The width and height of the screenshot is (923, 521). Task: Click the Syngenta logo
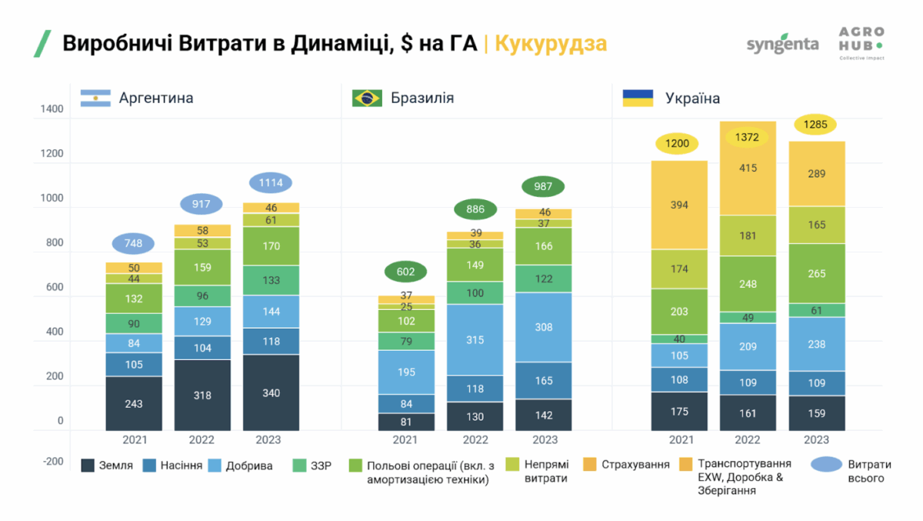click(x=782, y=43)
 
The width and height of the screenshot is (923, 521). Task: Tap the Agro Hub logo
click(x=861, y=44)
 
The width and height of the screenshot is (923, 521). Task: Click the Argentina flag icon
click(x=95, y=98)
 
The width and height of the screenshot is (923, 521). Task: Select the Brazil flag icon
click(x=367, y=98)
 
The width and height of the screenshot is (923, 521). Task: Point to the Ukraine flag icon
click(x=638, y=98)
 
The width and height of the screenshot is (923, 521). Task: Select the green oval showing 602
click(x=405, y=272)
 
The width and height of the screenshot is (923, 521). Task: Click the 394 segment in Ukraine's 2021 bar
click(x=678, y=205)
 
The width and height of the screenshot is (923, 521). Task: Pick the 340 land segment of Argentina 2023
click(x=271, y=392)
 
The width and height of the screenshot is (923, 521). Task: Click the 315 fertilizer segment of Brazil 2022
click(x=475, y=339)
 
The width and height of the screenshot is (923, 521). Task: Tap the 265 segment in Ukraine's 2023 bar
click(x=816, y=273)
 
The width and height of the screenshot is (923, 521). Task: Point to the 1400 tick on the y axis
click(x=52, y=109)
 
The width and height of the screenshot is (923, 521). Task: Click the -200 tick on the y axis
click(x=52, y=462)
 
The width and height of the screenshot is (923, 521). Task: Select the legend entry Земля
click(x=107, y=466)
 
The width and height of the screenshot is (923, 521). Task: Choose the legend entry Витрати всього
click(x=850, y=471)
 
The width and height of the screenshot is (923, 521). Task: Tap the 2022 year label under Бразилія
click(x=475, y=440)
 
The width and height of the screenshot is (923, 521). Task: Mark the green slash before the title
click(x=42, y=44)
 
